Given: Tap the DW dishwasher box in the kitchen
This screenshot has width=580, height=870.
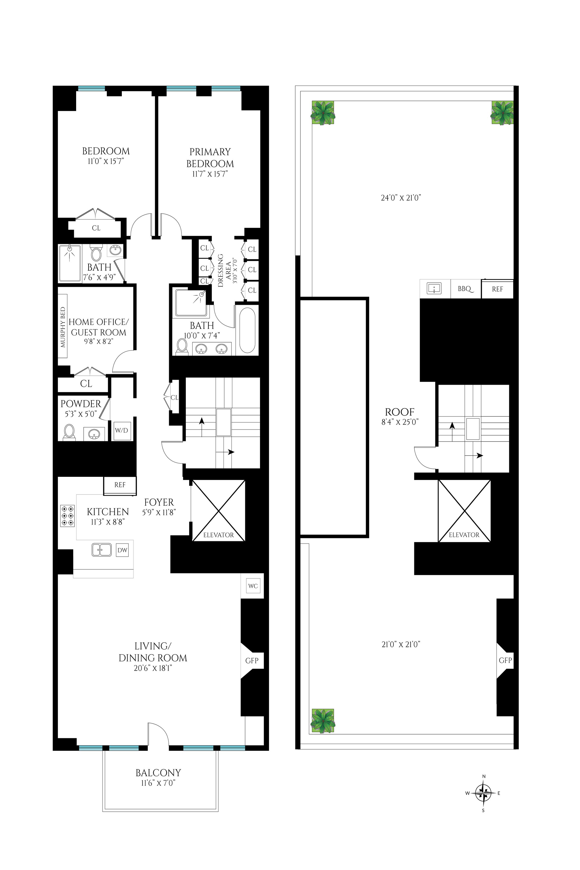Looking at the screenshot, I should click(x=122, y=550).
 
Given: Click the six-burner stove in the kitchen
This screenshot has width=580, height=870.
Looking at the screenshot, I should click(x=67, y=516).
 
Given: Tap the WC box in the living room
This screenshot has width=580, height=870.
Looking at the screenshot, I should click(x=253, y=586).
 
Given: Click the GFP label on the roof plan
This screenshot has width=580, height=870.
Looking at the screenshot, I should click(x=505, y=660).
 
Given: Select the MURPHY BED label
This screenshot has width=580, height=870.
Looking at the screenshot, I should click(x=63, y=327).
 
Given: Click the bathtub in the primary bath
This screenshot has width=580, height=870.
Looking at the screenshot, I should click(x=247, y=330).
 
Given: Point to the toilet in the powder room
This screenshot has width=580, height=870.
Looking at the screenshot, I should click(x=69, y=432).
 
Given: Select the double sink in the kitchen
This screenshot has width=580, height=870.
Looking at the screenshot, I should click(x=101, y=550).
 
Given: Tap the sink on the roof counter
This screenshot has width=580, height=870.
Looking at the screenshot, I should click(x=434, y=289).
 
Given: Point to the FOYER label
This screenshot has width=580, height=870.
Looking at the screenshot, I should click(x=159, y=502).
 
